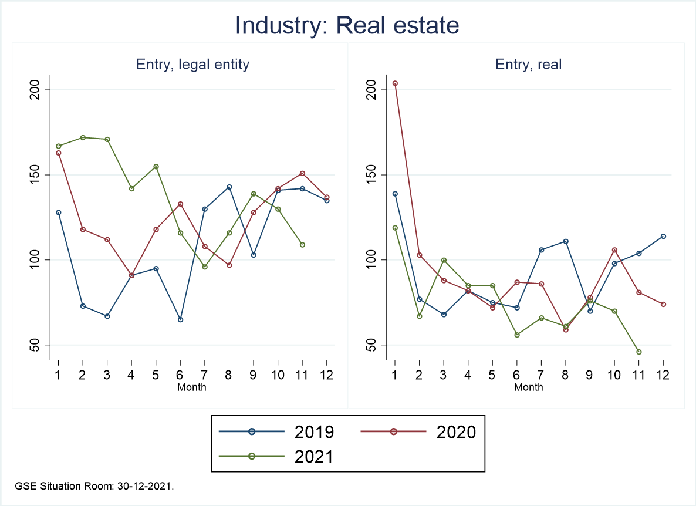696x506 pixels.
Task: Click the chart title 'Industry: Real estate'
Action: [x=347, y=26]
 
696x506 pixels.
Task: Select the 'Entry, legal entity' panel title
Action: [x=193, y=65]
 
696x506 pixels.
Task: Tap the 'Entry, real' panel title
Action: [x=529, y=65]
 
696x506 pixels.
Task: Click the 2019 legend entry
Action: [x=276, y=432]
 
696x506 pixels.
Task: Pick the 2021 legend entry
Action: [x=276, y=456]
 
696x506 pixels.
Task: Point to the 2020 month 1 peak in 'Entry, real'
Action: [x=395, y=83]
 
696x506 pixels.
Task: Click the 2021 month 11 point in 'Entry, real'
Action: [x=639, y=352]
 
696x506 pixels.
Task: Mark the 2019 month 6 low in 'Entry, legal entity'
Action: [x=180, y=319]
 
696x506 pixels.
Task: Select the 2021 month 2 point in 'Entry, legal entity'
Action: [x=83, y=137]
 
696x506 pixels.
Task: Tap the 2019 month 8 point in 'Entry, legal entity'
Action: [x=229, y=187]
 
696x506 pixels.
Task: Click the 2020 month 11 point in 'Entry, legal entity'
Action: [x=302, y=173]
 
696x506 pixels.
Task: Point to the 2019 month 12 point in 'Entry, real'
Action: [x=663, y=236]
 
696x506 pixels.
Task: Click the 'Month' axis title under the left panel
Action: [x=192, y=387]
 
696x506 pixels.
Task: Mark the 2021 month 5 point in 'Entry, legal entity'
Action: [x=156, y=166]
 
